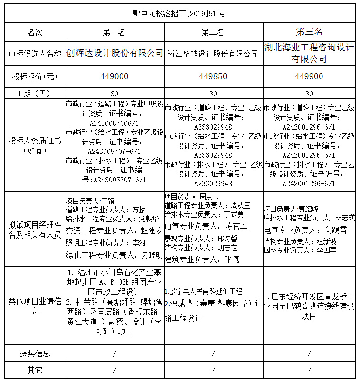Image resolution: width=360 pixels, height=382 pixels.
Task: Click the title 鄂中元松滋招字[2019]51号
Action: tap(180, 13)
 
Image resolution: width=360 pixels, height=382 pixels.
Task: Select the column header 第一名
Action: tap(114, 32)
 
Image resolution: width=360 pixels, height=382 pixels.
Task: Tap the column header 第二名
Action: tap(213, 32)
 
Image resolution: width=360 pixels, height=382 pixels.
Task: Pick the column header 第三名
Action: tap(309, 32)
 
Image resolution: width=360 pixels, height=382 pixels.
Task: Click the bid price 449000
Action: tap(114, 76)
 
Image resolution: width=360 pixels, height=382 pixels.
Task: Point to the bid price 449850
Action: tap(213, 76)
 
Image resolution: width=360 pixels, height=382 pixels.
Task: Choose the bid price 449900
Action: tap(309, 76)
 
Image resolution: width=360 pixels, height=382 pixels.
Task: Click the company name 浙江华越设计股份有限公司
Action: tap(213, 54)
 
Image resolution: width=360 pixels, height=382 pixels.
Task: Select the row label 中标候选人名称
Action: tap(35, 54)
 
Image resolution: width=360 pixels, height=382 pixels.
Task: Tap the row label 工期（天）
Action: tap(35, 94)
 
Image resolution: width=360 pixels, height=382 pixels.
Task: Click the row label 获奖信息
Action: tap(35, 353)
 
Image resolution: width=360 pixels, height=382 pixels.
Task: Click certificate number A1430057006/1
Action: tap(114, 122)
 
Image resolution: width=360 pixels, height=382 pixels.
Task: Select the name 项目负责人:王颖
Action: tap(90, 201)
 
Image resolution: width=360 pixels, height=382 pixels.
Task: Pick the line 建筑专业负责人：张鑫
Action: tap(203, 259)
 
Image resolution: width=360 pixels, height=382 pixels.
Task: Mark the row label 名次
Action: tap(35, 32)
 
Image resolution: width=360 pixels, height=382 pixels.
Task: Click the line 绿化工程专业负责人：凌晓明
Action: tap(114, 255)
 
